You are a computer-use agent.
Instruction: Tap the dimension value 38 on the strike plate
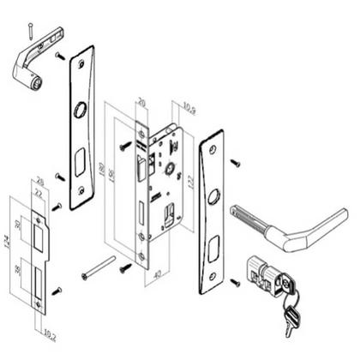[20, 274]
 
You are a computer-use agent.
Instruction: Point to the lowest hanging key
[290, 320]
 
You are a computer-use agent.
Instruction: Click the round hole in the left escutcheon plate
[80, 111]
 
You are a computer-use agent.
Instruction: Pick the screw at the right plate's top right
[236, 162]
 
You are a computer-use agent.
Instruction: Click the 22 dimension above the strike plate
[39, 195]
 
